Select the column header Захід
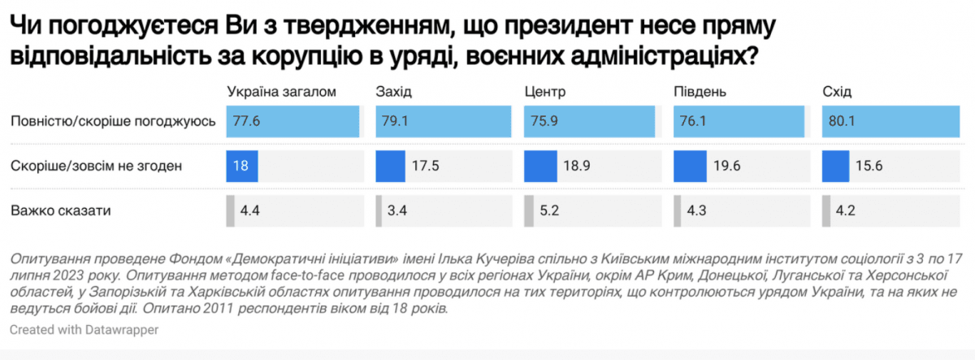[x=394, y=92]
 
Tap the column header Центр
[x=545, y=92]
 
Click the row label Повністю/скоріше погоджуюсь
[x=113, y=122]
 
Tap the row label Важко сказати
[x=61, y=211]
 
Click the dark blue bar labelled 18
[x=242, y=167]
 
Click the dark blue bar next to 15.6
[x=836, y=167]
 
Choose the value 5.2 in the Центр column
[x=550, y=211]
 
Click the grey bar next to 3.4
[x=379, y=211]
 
